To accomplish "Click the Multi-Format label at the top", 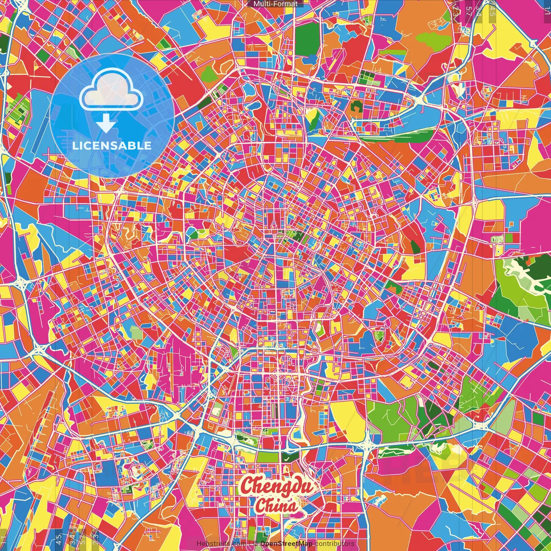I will point(275,4).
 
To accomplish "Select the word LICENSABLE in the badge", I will point(112,145).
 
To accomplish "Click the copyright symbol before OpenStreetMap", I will point(255,544).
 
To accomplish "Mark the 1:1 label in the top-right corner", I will point(547,9).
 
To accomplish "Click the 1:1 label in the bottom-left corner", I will point(4,540).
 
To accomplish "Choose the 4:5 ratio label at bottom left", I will point(59,539).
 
